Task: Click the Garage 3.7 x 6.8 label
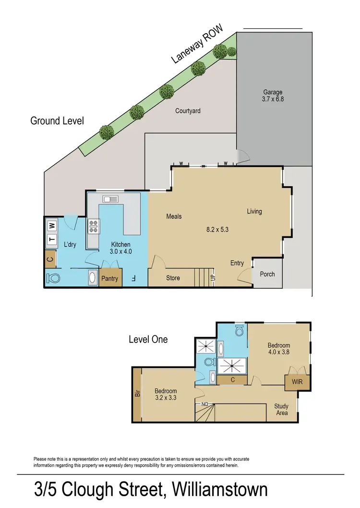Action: click(272, 95)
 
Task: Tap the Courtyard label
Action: click(188, 111)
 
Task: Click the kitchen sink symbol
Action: click(110, 199)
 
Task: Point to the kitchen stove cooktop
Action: click(93, 226)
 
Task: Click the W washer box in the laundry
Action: click(52, 224)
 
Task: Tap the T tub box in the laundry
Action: click(52, 241)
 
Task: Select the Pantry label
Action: click(111, 279)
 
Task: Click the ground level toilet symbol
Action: click(53, 278)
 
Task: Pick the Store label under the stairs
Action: click(173, 278)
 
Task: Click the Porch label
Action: click(267, 274)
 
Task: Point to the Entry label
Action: click(237, 263)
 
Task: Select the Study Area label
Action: click(282, 409)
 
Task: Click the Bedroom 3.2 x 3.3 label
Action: click(165, 394)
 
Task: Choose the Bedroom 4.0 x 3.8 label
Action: click(279, 348)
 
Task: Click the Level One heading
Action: click(148, 339)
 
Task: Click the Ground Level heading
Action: click(57, 120)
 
